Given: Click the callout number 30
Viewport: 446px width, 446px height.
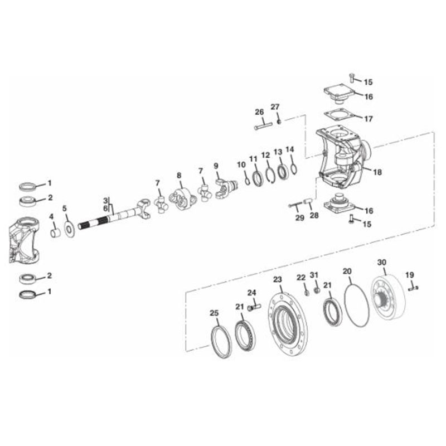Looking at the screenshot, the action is point(382,262).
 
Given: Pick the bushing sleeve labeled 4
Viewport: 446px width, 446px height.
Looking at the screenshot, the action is point(55,233).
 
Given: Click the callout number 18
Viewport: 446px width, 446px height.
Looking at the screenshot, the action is point(377,172).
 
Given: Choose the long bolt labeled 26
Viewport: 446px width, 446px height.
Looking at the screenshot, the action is point(263,126).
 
